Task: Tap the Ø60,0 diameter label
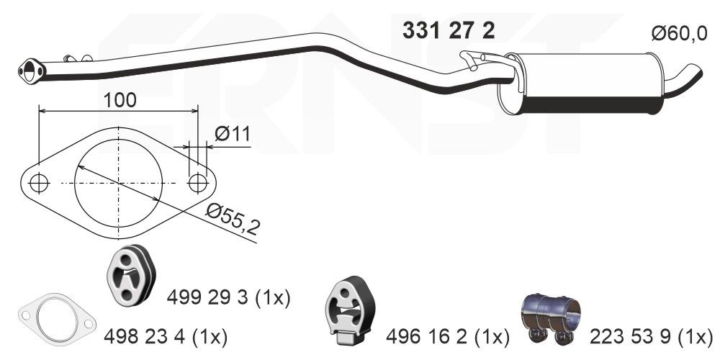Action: click(679, 34)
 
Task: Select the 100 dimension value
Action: click(119, 99)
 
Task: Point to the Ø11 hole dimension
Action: click(231, 133)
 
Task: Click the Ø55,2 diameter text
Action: click(232, 219)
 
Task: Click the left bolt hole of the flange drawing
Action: click(39, 184)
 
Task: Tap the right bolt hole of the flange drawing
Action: click(198, 183)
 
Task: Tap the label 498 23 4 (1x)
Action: click(166, 336)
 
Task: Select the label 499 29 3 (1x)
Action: click(228, 297)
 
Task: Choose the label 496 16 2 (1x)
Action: click(447, 336)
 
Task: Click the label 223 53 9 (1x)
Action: click(651, 336)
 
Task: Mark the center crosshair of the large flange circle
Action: click(118, 184)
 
